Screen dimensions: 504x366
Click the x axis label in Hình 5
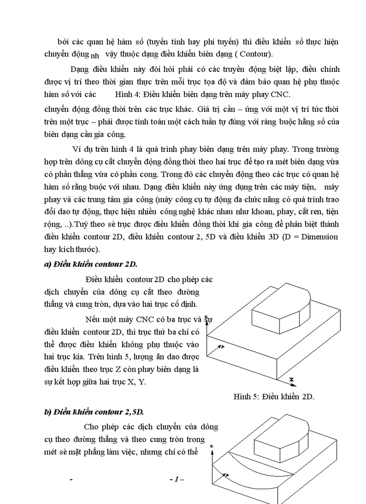pyautogui.click(x=291, y=379)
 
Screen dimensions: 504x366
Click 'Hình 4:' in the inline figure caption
pyautogui.click(x=128, y=94)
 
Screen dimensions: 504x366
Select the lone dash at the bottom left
pyautogui.click(x=72, y=480)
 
